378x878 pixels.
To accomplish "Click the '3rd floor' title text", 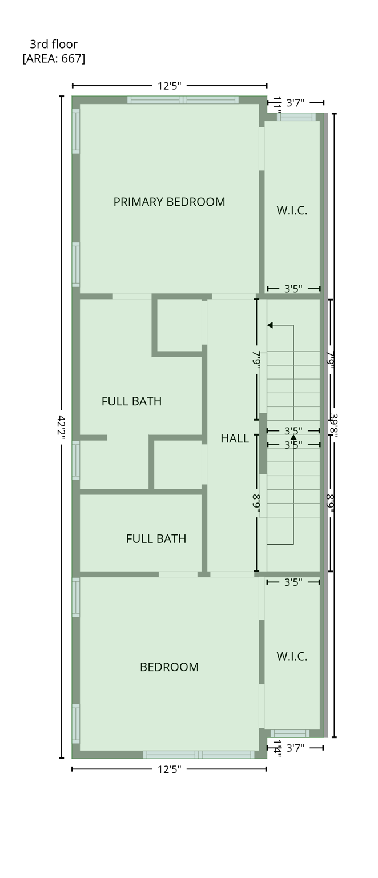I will [x=54, y=44].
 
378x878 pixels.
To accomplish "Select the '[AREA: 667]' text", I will [x=54, y=58].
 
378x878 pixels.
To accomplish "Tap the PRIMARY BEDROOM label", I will [x=169, y=202].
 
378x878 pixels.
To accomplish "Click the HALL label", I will [x=235, y=438].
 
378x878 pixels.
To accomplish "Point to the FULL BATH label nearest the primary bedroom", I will [x=131, y=401].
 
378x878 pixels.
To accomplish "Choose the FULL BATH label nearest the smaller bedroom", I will [x=156, y=538].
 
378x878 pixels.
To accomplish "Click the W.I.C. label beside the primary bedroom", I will [x=292, y=210].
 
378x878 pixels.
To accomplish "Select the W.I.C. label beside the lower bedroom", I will [x=292, y=656].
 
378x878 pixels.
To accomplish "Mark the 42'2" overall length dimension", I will [x=62, y=428].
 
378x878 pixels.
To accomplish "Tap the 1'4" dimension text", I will [x=276, y=748].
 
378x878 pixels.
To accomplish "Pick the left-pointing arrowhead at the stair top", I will [x=270, y=325].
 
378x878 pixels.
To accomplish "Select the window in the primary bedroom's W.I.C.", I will [x=296, y=117].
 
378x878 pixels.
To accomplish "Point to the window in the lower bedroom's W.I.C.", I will [x=290, y=733].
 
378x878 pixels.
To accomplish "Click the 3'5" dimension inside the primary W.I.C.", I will [x=293, y=289].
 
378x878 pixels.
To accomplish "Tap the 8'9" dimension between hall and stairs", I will [x=256, y=503].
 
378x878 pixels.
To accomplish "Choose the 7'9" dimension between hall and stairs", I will [x=256, y=360].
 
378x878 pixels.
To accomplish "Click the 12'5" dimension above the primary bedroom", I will [x=169, y=86].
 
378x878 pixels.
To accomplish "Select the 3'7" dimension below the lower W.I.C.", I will [x=295, y=747].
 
